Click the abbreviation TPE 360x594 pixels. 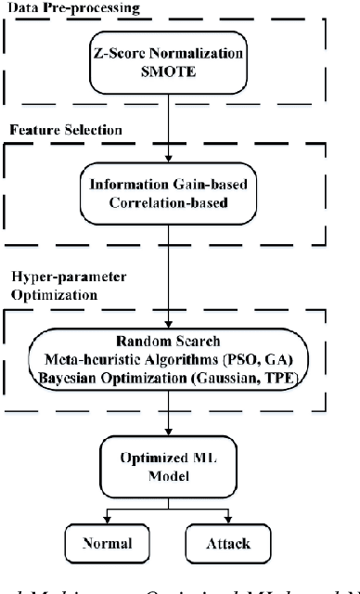click(x=293, y=375)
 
